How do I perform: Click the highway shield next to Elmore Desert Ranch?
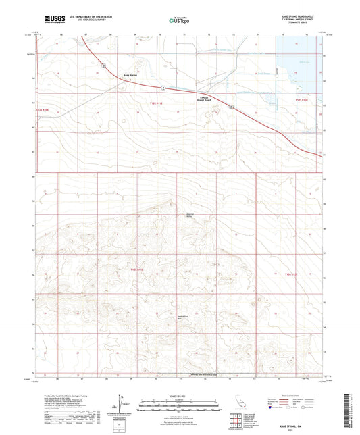point(231,107)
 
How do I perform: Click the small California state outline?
point(242,403)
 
